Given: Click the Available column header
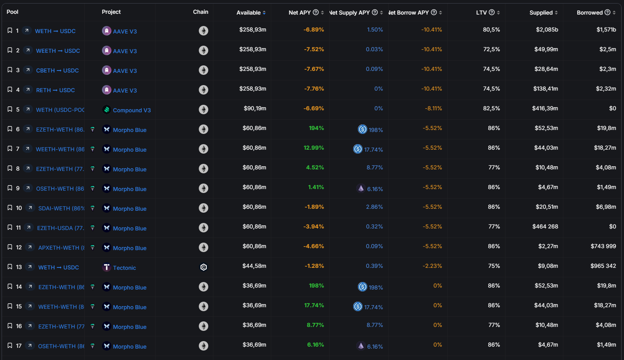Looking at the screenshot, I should point(248,13).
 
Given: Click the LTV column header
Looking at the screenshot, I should point(481,13).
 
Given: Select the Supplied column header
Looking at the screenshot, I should point(541,13).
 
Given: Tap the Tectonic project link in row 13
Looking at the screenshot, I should point(124,268).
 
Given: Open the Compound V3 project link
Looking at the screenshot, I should point(131,110).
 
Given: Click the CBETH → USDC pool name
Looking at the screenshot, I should point(57,71).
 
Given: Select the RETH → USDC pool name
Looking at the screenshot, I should point(56,90).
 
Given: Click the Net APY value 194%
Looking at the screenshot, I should point(316,128).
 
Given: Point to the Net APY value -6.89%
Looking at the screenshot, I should point(314,30).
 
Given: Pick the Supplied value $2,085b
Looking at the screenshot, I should point(547,30).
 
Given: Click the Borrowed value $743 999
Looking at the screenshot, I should point(603,246).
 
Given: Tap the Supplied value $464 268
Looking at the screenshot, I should point(545,226).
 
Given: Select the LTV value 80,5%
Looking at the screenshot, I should point(491,30).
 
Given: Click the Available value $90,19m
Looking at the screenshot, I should point(255,108).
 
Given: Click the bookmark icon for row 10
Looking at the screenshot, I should point(10,208).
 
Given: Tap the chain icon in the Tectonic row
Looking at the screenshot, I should point(204,267).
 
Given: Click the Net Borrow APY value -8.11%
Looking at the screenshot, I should point(433,108).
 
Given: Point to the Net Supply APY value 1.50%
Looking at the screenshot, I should point(375,30).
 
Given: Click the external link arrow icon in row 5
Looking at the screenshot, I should point(28,109).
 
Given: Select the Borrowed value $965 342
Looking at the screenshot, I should point(603,266).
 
